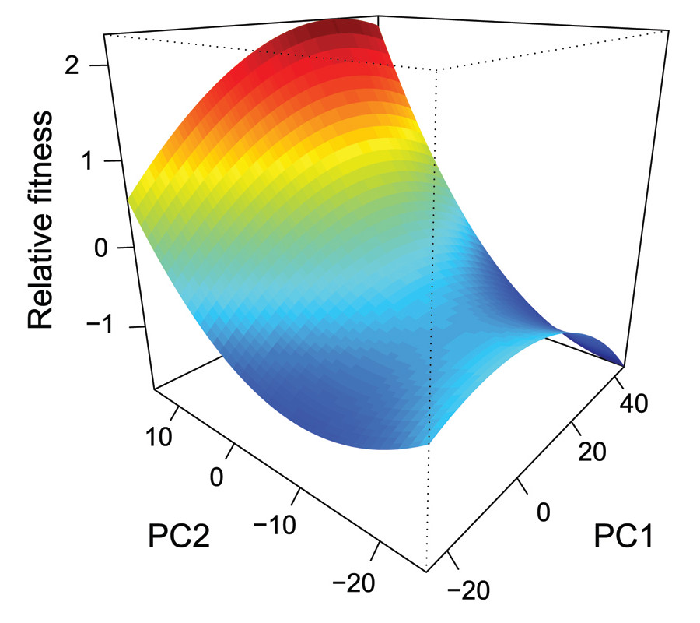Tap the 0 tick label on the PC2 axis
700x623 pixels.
click(x=217, y=476)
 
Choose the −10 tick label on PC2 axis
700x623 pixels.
click(x=275, y=524)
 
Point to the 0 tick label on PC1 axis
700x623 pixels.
click(x=544, y=511)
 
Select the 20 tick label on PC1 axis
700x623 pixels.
click(x=595, y=452)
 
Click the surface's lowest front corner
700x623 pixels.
click(x=425, y=446)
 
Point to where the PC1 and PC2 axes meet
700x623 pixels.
click(x=426, y=571)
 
